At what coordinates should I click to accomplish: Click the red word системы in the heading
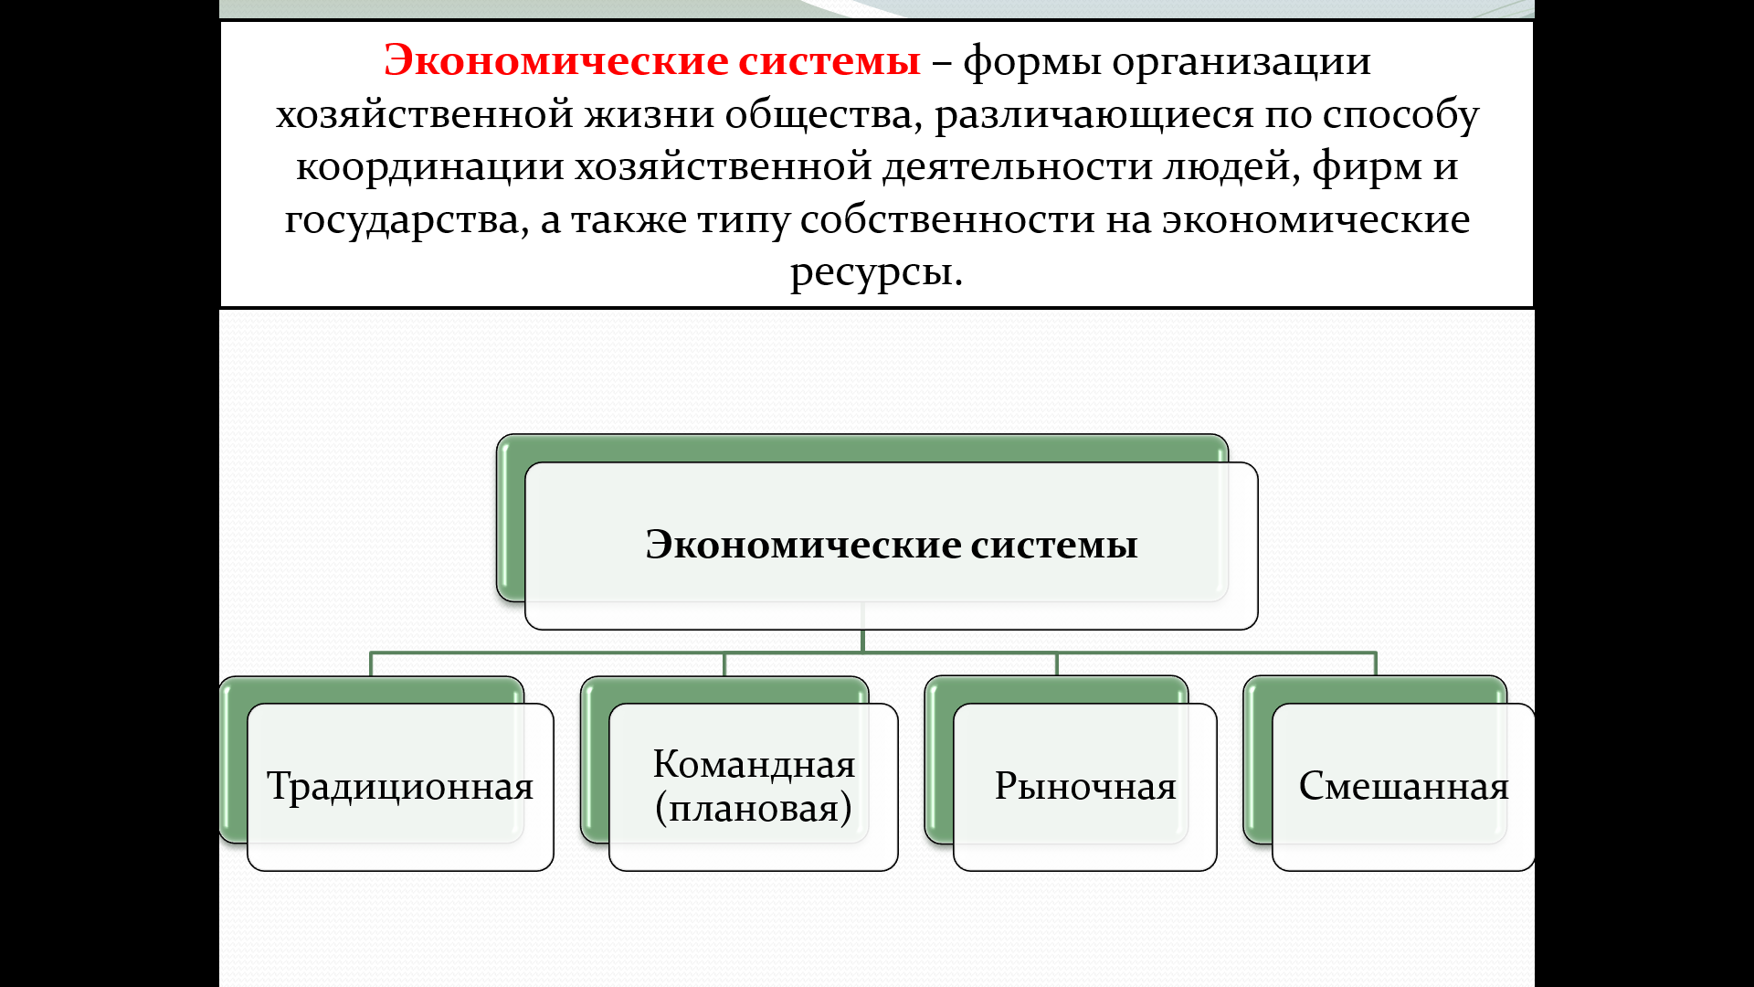coord(829,61)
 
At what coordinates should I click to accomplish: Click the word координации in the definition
coord(429,166)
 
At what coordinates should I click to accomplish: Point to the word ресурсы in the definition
coord(875,271)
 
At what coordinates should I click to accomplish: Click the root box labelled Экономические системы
coord(891,545)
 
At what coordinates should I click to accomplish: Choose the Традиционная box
coord(400,787)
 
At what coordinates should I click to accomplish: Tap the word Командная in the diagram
coord(754,764)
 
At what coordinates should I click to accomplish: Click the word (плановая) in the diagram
coord(754,808)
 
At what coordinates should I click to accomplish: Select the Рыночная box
coord(1084,787)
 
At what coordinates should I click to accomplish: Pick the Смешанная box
coord(1403,787)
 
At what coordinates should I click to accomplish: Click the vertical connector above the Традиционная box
coord(371,664)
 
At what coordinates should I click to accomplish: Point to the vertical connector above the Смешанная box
coord(1375,664)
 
